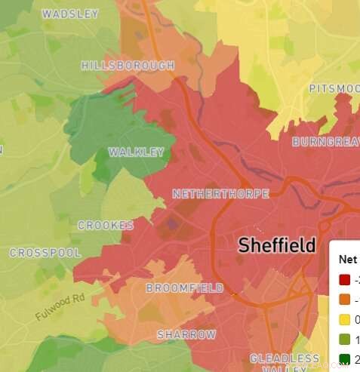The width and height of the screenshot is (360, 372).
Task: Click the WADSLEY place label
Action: point(70,14)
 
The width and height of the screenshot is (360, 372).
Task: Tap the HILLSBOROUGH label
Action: point(128,66)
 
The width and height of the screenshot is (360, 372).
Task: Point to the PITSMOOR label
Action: point(334,89)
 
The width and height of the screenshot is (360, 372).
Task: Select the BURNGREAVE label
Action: point(325,142)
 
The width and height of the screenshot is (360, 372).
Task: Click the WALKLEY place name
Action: point(136,152)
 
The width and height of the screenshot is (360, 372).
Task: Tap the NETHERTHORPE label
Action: point(220,194)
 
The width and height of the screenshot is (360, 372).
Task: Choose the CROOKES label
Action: point(106,226)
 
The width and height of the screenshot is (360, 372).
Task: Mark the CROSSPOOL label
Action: point(45,253)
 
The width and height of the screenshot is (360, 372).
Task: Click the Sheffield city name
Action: point(276,245)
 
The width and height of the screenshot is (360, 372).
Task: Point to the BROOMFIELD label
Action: point(184,288)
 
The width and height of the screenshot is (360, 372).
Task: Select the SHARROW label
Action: point(186,334)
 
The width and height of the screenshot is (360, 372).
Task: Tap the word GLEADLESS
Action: point(285,358)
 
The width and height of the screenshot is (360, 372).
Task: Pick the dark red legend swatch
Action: point(345,280)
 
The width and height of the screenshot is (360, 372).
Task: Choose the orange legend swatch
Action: point(345,300)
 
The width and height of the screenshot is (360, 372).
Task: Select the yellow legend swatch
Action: point(345,319)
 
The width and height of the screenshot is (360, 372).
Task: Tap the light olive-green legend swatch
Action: point(345,339)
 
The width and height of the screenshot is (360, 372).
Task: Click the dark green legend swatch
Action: point(345,358)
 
